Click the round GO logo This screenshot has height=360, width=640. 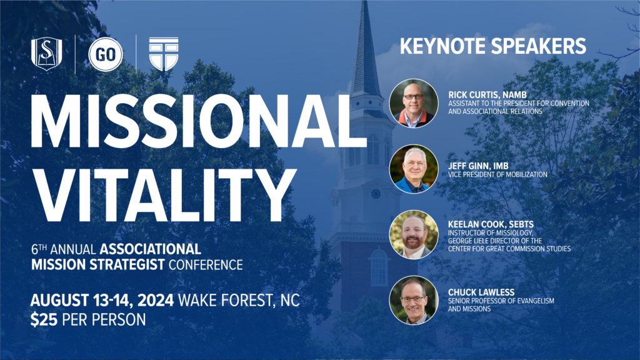[106, 54]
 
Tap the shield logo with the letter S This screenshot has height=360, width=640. [46, 54]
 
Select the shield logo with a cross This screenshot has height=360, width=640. [164, 54]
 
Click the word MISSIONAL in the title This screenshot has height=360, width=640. [198, 121]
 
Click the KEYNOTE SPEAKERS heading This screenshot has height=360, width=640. [492, 46]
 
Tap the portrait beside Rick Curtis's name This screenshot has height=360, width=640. [414, 103]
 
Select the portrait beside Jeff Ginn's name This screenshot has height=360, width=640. [414, 169]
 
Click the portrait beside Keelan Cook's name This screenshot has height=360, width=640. [414, 235]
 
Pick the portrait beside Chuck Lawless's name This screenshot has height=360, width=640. [414, 301]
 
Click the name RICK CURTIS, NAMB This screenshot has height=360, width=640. [487, 95]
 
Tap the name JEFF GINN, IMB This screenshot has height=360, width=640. [478, 166]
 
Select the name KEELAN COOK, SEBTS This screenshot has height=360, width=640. [491, 224]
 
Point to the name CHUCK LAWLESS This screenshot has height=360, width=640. [481, 292]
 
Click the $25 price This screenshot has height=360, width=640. [44, 319]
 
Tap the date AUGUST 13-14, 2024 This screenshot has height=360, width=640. [102, 301]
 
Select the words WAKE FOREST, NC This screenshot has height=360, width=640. [239, 301]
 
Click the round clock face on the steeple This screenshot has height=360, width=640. [376, 194]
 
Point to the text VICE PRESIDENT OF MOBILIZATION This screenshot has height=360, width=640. [497, 175]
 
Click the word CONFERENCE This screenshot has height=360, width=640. [206, 265]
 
